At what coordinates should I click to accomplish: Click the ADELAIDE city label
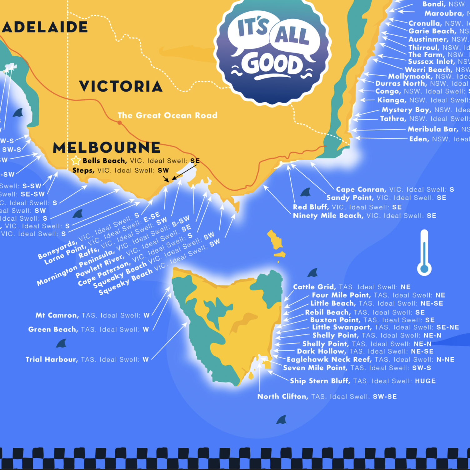point(45,27)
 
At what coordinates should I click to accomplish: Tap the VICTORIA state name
point(121,86)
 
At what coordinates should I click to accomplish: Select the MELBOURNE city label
point(107,147)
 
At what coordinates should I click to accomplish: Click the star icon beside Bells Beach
point(76,161)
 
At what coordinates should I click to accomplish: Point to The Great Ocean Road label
point(167,115)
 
